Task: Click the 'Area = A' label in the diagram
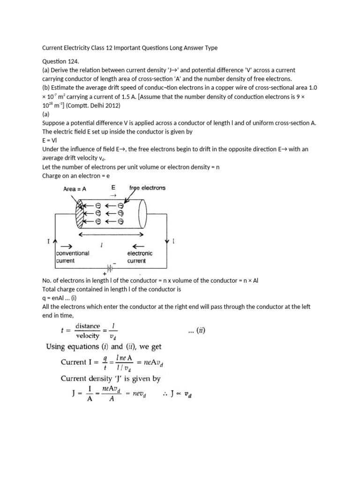tap(77, 188)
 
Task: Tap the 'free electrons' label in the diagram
tap(147, 188)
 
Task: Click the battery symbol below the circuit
tap(111, 268)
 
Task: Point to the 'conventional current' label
tap(72, 256)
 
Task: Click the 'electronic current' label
tap(140, 257)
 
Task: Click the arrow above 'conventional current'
tap(67, 246)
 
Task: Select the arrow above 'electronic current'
tap(139, 246)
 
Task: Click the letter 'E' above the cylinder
tap(113, 187)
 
